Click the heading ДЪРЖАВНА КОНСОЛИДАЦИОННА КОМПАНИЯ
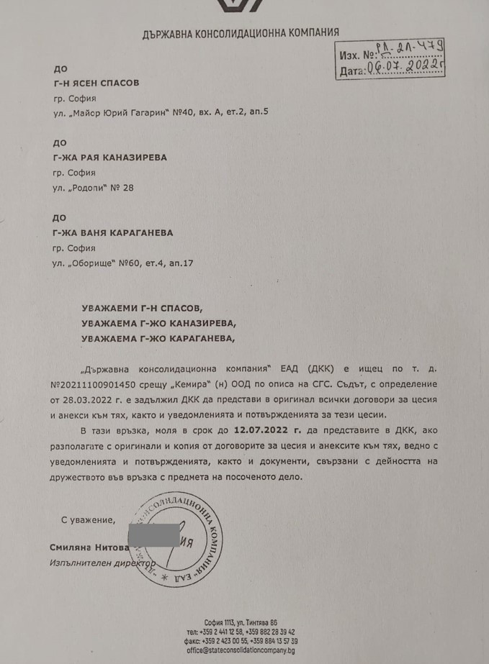(x=241, y=32)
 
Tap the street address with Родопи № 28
(x=94, y=188)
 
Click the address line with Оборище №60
(x=134, y=263)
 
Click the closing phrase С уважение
(x=88, y=518)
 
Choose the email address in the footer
(x=241, y=649)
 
